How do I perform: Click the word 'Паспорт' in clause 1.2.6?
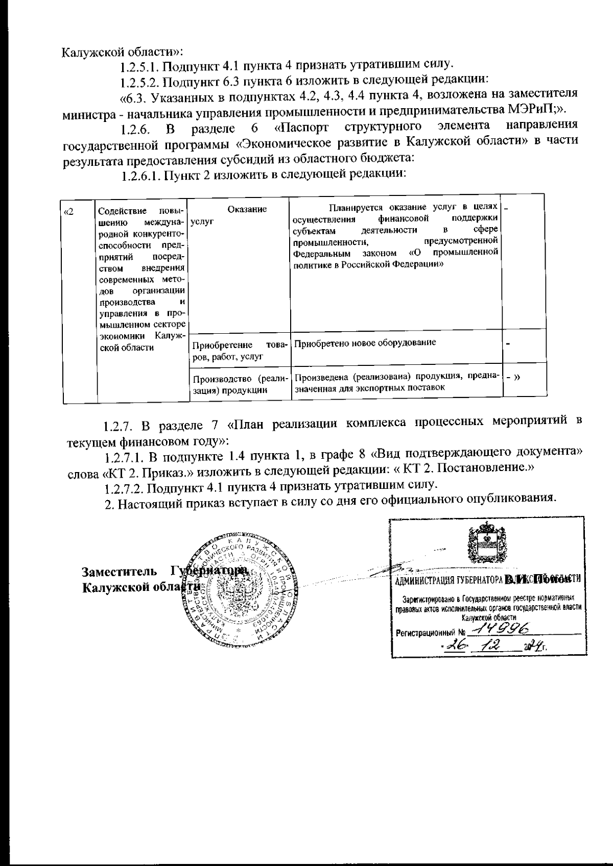click(x=303, y=126)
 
